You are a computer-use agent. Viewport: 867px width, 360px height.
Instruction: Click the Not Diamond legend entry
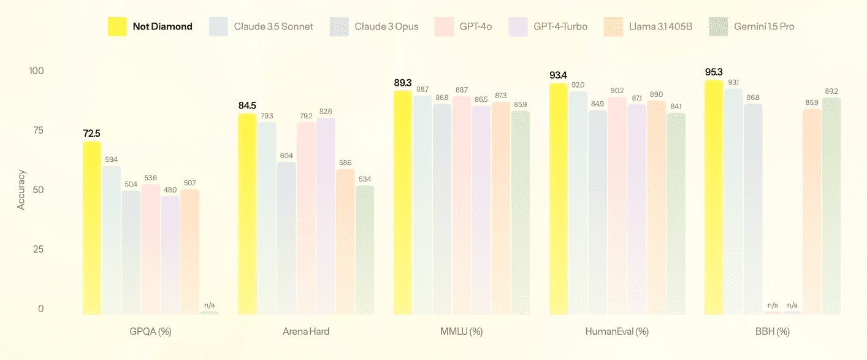coord(150,26)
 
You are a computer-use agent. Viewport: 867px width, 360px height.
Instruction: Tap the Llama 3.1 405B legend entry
coord(649,26)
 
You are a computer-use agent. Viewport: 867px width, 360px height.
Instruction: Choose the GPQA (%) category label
coord(150,332)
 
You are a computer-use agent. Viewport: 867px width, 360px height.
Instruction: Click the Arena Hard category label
coord(306,332)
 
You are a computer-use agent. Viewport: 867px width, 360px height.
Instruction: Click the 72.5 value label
coord(92,133)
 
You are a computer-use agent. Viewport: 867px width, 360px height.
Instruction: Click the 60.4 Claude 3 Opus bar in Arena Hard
coord(286,239)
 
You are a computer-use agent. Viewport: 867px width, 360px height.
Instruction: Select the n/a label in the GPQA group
coord(209,305)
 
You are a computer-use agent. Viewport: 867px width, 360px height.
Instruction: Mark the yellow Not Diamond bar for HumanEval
coord(558,199)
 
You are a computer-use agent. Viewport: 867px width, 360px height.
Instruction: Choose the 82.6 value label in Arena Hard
coord(326,111)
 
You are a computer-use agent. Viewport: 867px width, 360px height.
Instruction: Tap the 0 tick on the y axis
coord(41,309)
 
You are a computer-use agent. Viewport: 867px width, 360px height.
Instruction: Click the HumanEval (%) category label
coord(617,332)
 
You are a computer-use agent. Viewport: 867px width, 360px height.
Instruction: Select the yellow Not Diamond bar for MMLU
coord(403,203)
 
